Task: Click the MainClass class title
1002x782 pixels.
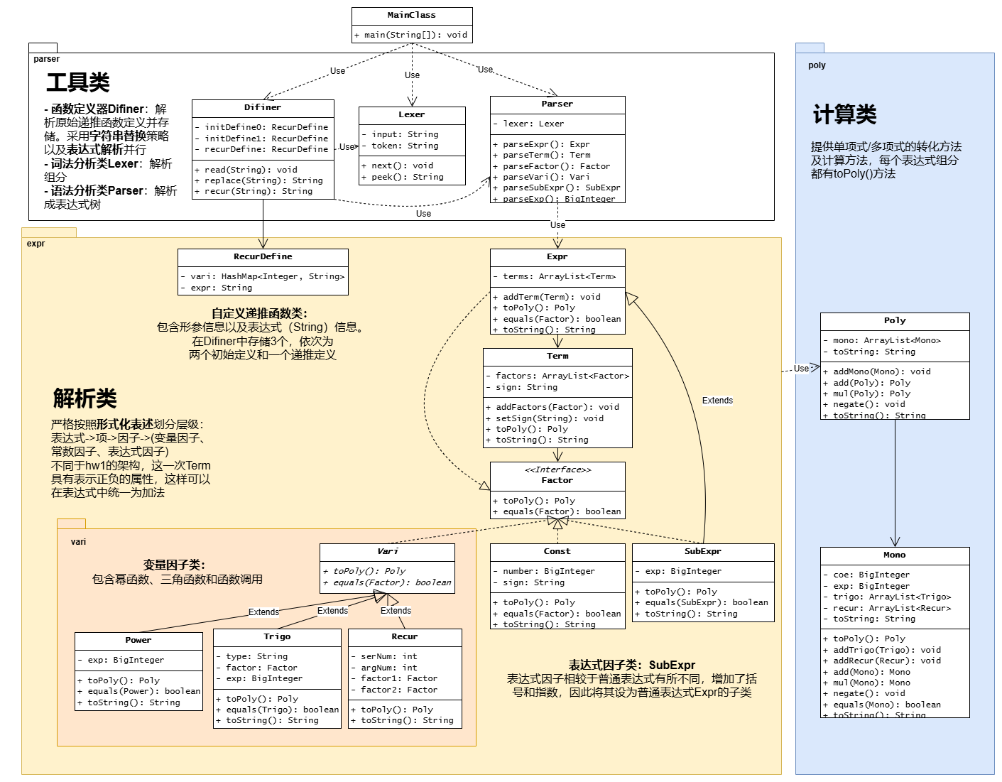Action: [x=412, y=15]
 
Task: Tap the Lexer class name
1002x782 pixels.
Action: [x=412, y=114]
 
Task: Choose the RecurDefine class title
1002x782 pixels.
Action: [x=263, y=256]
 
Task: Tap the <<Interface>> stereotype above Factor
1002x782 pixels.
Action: [x=557, y=469]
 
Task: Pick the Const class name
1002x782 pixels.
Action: [x=557, y=551]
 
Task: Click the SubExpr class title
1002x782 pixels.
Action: [x=703, y=551]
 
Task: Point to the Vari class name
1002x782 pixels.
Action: [x=388, y=551]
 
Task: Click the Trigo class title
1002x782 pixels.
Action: [x=277, y=636]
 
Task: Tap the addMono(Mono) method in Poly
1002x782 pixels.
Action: [x=881, y=371]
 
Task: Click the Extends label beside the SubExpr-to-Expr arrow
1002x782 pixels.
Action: [x=717, y=401]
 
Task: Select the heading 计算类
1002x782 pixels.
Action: [x=844, y=114]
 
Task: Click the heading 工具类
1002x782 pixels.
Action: [x=78, y=82]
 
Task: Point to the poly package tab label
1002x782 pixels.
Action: [x=817, y=65]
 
